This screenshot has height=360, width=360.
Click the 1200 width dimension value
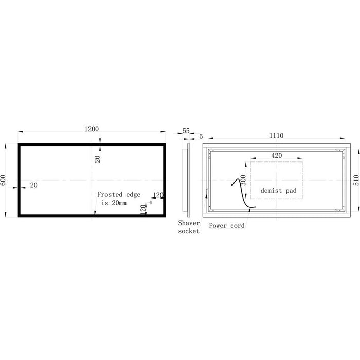click(92, 129)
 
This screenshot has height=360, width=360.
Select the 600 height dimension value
click(3, 180)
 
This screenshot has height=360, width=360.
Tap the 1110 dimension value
click(276, 135)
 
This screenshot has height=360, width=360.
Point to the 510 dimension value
click(356, 180)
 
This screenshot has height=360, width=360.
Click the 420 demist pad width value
click(277, 156)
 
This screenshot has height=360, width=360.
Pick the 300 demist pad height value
click(243, 180)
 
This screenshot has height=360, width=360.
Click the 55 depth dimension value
click(186, 131)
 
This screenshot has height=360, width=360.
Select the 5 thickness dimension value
click(201, 136)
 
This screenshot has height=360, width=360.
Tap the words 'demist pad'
click(278, 191)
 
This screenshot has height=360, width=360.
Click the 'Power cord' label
click(227, 225)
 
